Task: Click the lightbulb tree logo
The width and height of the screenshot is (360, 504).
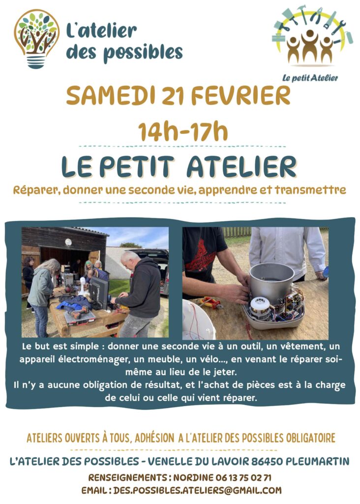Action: point(36,38)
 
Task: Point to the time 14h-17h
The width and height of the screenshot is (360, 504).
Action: point(183,131)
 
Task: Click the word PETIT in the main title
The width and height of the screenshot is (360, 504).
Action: point(137,167)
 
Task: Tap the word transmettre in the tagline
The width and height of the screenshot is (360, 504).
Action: point(310,190)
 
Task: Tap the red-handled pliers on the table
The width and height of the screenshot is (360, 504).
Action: point(210,303)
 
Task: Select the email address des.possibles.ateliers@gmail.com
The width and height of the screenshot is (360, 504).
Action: point(198,490)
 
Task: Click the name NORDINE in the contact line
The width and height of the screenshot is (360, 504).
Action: point(194,477)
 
